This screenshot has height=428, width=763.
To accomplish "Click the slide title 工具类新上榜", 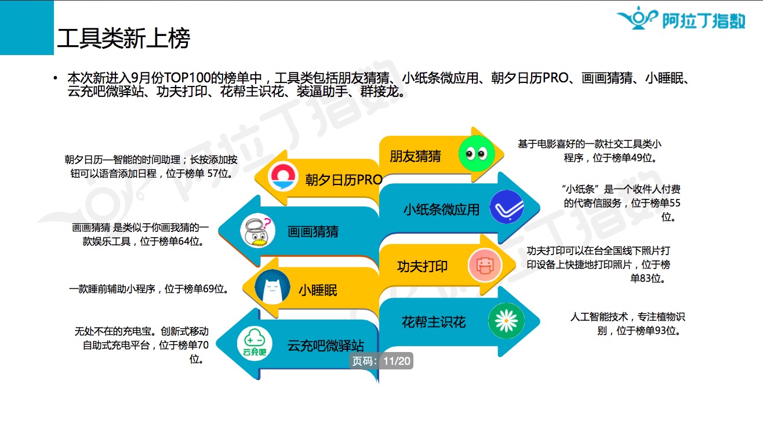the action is [x=123, y=38].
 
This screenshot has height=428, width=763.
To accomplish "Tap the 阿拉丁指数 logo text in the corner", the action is [x=704, y=21].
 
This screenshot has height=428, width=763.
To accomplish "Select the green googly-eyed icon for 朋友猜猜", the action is [x=477, y=154].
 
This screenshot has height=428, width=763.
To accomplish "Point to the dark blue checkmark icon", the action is [x=507, y=207].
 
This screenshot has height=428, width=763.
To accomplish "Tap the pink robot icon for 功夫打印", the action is [x=485, y=266].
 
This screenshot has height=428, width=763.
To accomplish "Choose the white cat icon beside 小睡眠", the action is [x=272, y=287].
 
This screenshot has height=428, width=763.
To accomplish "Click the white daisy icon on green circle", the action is [x=506, y=321].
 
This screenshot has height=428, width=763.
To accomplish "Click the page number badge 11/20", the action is [x=381, y=361].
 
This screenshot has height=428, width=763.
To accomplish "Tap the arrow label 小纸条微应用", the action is [x=441, y=209].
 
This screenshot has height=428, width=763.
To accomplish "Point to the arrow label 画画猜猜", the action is [x=313, y=232].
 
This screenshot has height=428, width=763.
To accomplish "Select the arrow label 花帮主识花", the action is [x=434, y=322].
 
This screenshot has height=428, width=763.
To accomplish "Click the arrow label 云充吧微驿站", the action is [x=326, y=346].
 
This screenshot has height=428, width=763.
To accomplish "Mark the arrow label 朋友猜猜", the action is [x=415, y=157].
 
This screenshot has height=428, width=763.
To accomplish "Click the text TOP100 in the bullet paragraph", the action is [x=187, y=78].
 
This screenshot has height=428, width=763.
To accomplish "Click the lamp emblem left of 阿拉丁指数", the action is [x=637, y=18].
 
